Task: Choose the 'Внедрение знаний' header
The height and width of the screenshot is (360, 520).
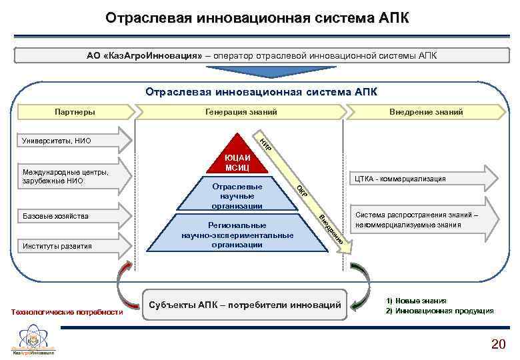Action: coord(426,112)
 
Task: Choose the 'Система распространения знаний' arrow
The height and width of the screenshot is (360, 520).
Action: coord(420,219)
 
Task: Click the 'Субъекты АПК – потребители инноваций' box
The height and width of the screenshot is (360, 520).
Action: coord(246,305)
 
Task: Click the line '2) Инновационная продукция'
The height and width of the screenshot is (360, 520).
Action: coord(440,311)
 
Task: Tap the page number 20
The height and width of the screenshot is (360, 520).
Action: coord(498,344)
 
